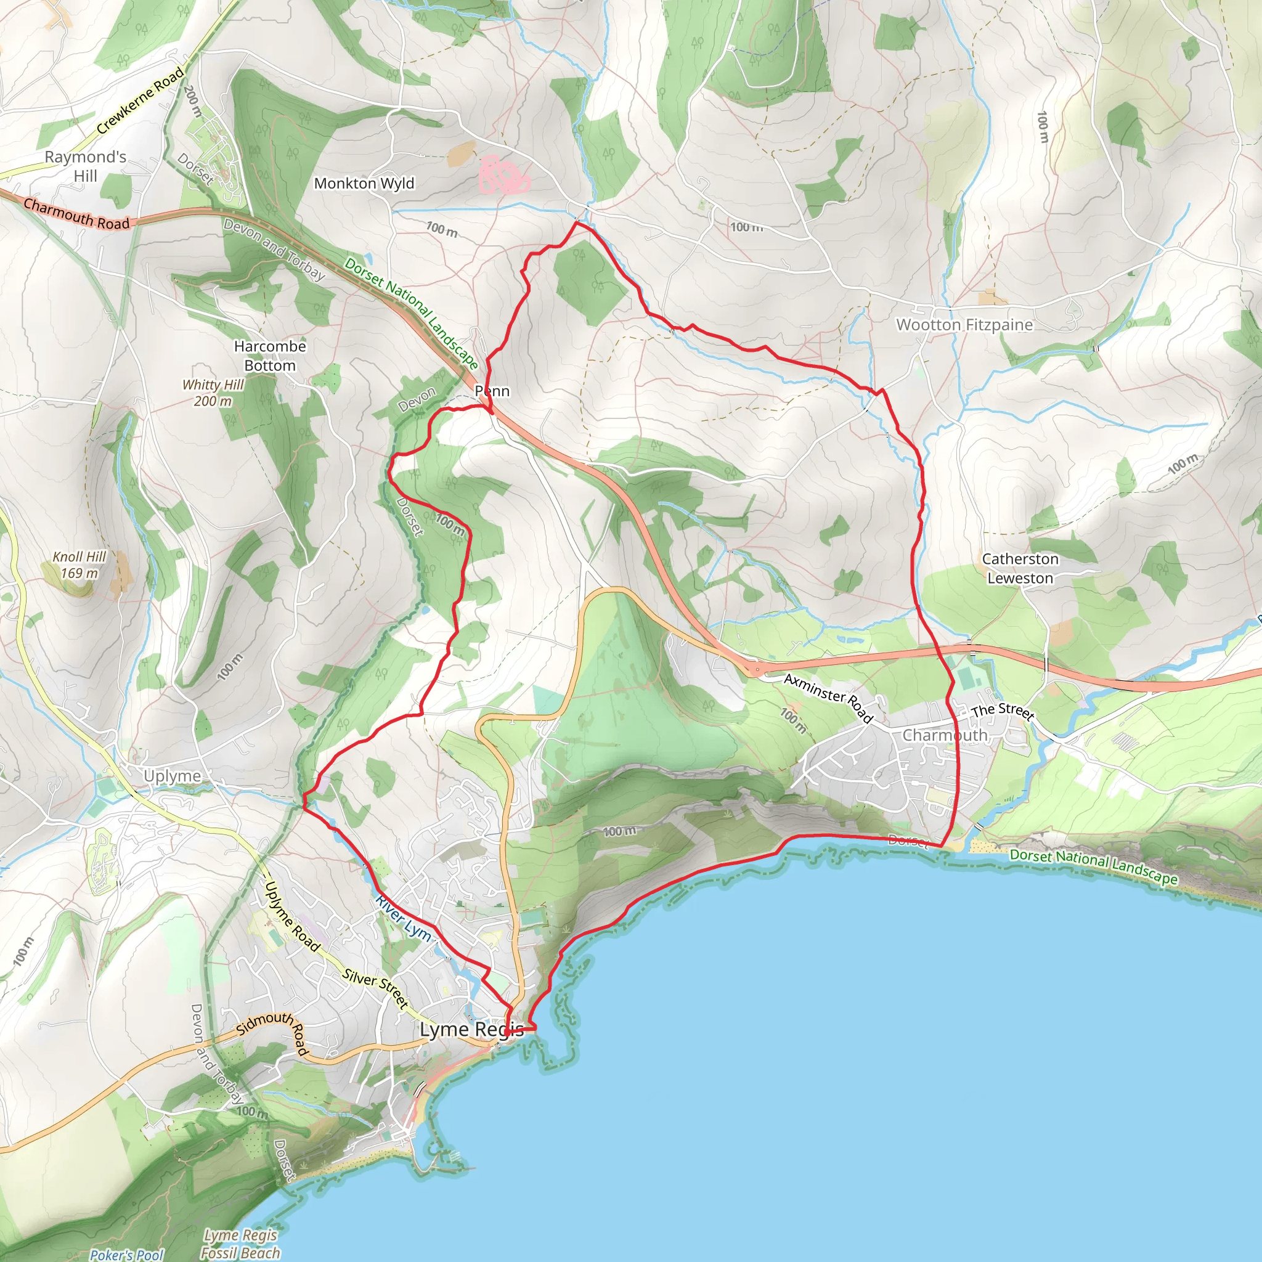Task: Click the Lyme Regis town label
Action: click(x=471, y=1030)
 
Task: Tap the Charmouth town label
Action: click(x=945, y=735)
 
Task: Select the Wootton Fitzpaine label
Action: click(x=964, y=325)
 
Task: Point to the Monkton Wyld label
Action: click(x=364, y=184)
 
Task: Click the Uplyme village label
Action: click(x=173, y=776)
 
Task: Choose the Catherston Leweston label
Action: click(x=1020, y=568)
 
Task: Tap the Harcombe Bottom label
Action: click(x=270, y=356)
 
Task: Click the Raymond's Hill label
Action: click(x=86, y=166)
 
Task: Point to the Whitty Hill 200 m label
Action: click(x=213, y=393)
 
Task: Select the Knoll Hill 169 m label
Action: click(x=79, y=564)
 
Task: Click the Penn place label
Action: click(x=492, y=391)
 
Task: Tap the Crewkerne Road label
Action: click(x=140, y=100)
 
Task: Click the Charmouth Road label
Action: click(x=76, y=214)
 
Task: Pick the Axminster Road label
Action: click(x=828, y=698)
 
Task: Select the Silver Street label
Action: click(x=376, y=988)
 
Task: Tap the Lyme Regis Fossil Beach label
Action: click(x=240, y=1244)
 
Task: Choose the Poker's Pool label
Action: click(x=127, y=1255)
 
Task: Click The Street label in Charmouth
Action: click(x=1002, y=711)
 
